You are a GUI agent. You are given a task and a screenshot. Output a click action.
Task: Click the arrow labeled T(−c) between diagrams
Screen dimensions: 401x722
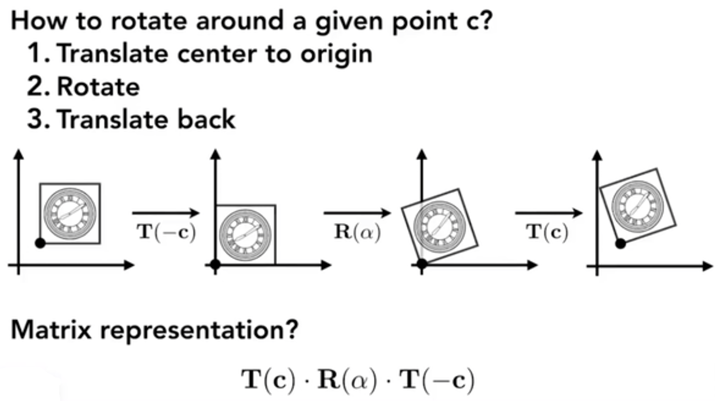(165, 213)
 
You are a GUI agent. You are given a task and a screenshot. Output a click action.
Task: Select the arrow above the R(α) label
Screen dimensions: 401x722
(357, 213)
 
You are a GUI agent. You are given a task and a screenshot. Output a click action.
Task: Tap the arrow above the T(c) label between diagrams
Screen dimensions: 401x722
(548, 213)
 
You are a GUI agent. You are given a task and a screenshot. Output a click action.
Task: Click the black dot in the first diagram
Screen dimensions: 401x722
(41, 243)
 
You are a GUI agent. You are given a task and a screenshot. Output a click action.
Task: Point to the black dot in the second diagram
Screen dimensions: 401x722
(215, 265)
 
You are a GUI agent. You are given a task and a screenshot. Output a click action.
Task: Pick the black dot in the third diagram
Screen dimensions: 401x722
(421, 264)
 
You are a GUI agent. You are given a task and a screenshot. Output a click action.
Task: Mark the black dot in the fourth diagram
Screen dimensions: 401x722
(621, 243)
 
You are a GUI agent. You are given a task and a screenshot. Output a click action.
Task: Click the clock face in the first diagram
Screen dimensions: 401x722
(70, 213)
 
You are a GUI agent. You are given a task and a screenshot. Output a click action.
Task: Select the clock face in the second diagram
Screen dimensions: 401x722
(245, 235)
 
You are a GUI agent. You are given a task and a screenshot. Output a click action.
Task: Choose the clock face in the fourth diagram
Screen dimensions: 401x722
(638, 205)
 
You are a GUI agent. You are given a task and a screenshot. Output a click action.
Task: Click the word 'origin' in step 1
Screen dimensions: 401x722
(337, 54)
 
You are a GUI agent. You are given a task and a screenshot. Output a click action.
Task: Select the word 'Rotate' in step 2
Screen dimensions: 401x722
(98, 87)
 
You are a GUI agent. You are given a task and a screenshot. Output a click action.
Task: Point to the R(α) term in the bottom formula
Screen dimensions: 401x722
(347, 380)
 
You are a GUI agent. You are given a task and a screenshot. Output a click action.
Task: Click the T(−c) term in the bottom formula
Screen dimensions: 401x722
(437, 380)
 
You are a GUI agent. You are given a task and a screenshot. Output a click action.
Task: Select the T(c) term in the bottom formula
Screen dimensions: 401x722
(268, 380)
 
